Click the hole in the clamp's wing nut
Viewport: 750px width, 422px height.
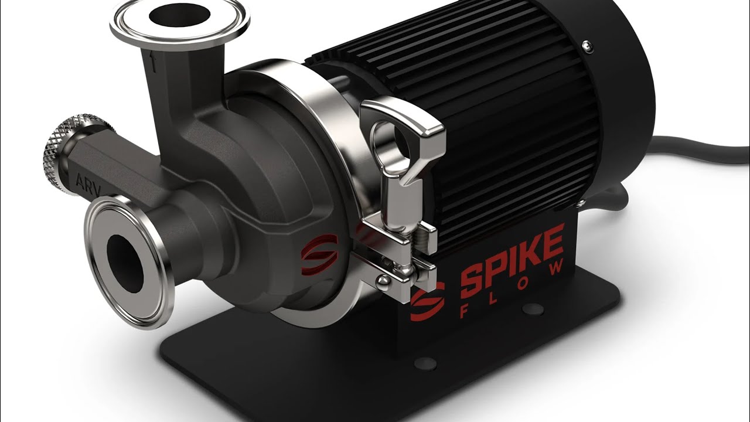coord(400,139)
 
